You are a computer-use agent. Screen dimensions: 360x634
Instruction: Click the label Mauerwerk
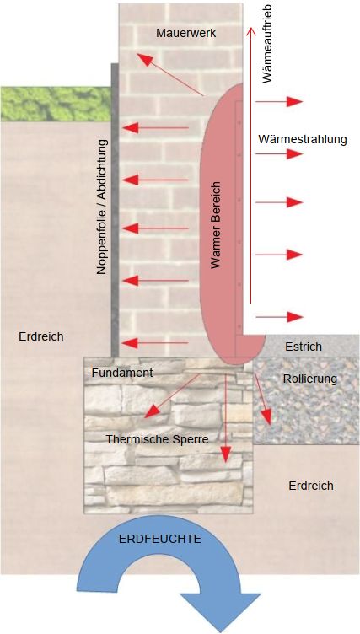click(186, 33)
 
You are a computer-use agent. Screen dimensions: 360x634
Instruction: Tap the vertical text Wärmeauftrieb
click(267, 45)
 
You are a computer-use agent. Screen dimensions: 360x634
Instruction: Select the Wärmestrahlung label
click(303, 139)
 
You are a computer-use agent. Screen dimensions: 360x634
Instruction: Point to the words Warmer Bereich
click(217, 225)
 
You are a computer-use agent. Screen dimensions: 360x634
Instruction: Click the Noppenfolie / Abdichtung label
click(102, 207)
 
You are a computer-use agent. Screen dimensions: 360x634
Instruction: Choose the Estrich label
click(304, 347)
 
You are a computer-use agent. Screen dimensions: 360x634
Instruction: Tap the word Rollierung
click(310, 379)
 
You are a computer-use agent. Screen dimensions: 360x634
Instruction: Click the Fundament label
click(122, 373)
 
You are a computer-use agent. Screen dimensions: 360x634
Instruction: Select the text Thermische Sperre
click(157, 439)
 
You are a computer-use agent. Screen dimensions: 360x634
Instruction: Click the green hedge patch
click(56, 104)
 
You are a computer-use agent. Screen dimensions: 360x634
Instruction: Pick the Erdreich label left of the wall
click(40, 336)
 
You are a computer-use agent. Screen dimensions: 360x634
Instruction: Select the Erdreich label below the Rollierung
click(311, 486)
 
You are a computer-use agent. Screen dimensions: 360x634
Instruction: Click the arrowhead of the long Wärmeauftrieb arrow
click(250, 31)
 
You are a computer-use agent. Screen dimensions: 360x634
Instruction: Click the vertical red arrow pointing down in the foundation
click(226, 418)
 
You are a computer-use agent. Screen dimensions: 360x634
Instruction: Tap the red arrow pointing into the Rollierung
click(263, 398)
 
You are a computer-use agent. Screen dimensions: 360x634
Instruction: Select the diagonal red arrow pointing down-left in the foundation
click(172, 396)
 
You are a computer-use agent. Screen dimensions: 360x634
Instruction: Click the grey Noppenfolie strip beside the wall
click(116, 210)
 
